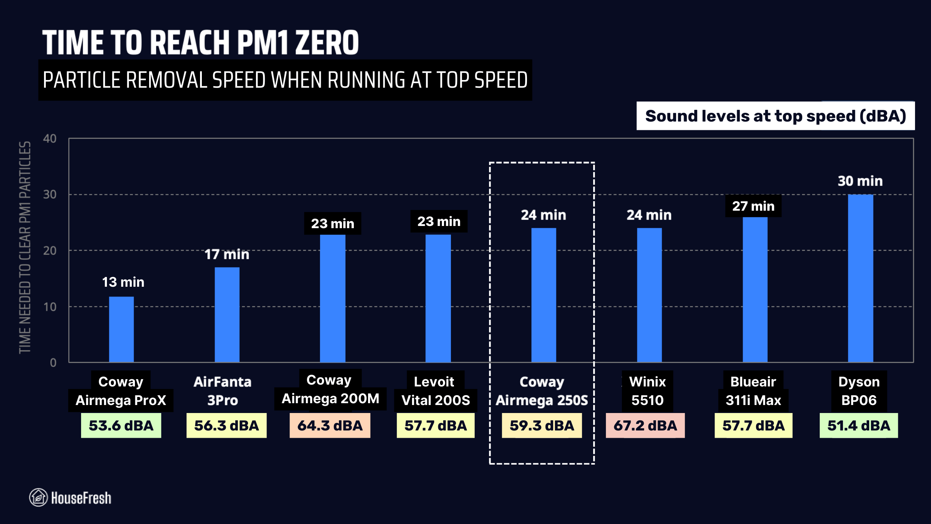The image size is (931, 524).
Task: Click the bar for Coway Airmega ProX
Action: (121, 329)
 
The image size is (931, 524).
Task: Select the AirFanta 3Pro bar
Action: (227, 315)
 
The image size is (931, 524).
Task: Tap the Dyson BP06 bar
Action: (860, 278)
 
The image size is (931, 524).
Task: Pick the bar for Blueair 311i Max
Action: (755, 289)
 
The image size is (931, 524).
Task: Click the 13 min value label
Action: (123, 282)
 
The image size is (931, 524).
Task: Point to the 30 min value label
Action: (860, 181)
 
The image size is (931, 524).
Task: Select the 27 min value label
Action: (753, 206)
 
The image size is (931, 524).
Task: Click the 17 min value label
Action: (227, 254)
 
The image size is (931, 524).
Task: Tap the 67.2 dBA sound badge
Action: (645, 425)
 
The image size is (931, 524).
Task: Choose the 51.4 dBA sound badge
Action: (859, 425)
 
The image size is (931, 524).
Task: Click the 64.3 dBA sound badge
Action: (330, 425)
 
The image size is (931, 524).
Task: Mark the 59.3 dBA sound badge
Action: (542, 425)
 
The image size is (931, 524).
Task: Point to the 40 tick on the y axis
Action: (50, 139)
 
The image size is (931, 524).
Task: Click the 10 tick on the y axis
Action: (50, 307)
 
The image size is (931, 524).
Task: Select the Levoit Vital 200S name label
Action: (435, 391)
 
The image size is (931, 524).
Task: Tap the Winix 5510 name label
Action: (647, 391)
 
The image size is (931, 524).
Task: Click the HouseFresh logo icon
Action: (38, 497)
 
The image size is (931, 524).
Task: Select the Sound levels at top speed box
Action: (775, 116)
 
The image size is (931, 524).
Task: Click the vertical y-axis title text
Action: (25, 247)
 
